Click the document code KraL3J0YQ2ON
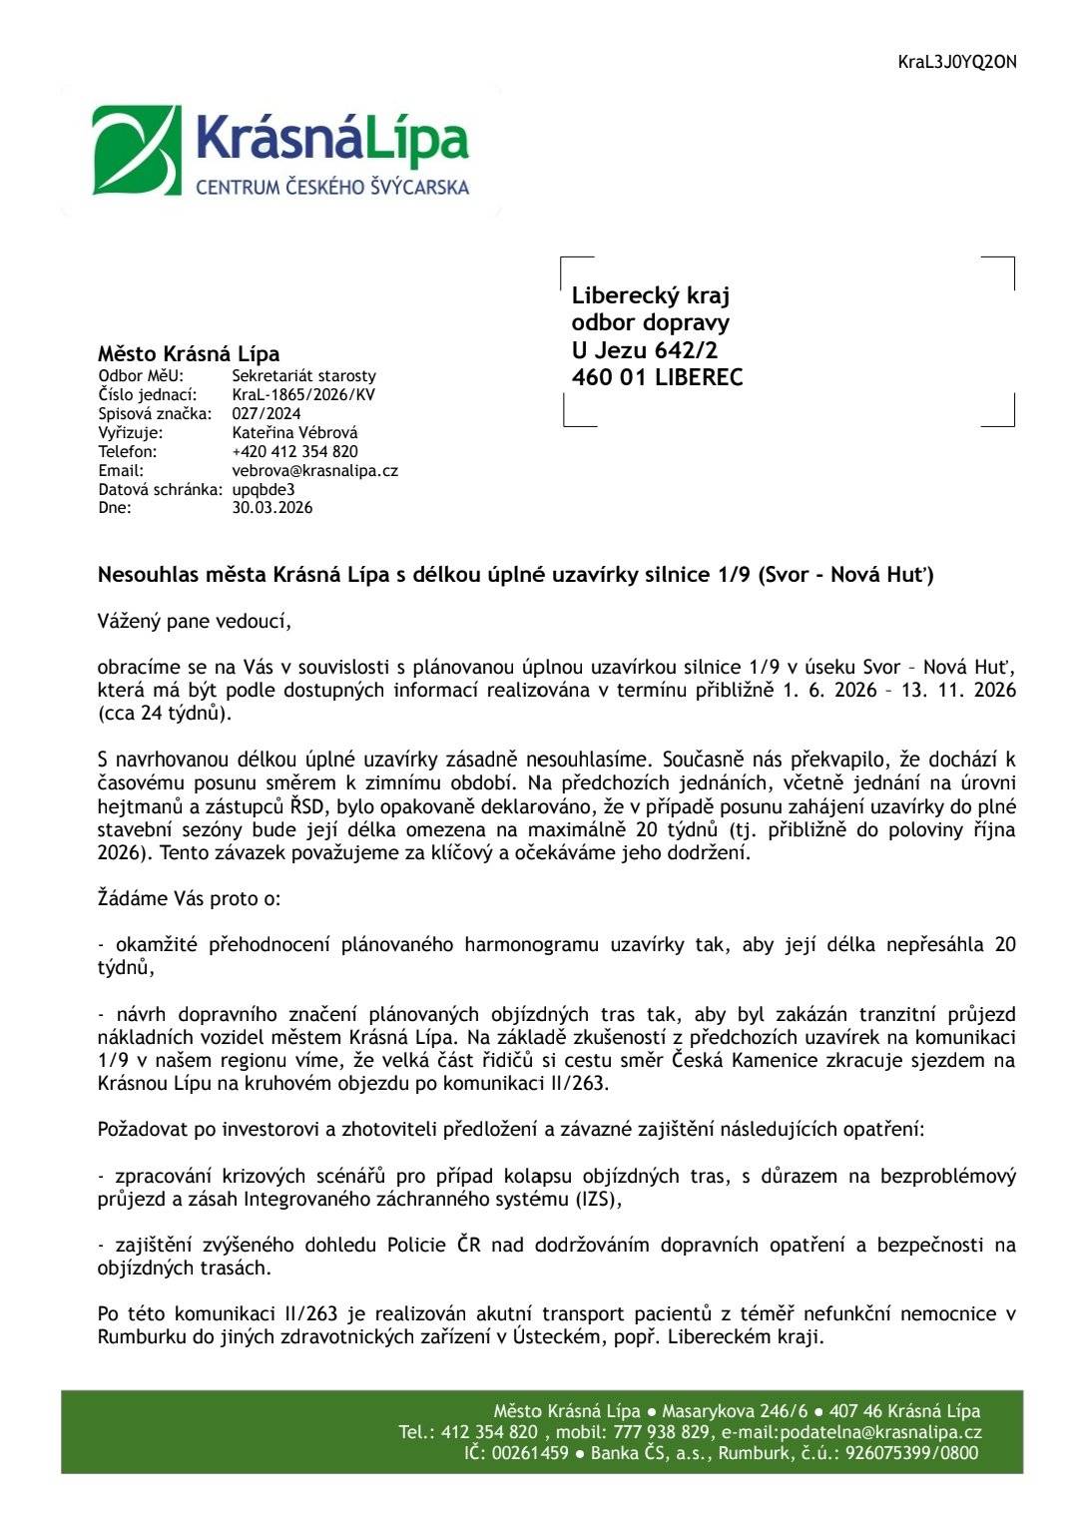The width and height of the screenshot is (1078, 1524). [956, 62]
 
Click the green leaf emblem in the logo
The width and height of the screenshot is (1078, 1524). [137, 150]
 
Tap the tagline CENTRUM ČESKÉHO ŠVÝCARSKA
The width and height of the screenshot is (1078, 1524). [331, 187]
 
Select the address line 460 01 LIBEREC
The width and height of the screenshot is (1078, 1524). [657, 377]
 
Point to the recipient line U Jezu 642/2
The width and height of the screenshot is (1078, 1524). [644, 350]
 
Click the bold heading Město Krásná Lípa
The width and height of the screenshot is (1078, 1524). [189, 353]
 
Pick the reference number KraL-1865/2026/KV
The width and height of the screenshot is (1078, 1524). [303, 394]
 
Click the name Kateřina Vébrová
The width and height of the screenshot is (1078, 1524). [294, 432]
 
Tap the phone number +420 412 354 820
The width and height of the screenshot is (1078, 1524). [294, 451]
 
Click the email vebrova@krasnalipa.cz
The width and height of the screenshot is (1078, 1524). [314, 470]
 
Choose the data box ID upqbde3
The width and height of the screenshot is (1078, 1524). [263, 489]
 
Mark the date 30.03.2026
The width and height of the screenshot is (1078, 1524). [271, 507]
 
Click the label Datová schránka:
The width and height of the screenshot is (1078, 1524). [160, 489]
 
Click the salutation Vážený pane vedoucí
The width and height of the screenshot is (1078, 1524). [194, 621]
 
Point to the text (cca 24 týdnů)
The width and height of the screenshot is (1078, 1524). [164, 714]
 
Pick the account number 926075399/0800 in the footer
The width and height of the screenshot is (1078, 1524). [911, 1453]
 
